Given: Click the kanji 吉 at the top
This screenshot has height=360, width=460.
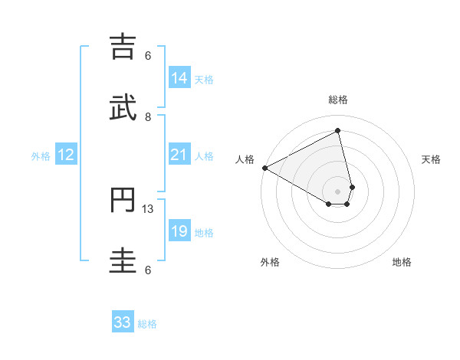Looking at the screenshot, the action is point(125,47).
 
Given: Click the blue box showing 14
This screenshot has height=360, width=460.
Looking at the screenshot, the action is point(179,78).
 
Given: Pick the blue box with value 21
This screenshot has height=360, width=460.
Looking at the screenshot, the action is point(179,155).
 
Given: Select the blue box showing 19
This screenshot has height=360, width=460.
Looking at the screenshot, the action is point(179,232).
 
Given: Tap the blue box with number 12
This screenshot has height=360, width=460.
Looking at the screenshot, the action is point(66,155).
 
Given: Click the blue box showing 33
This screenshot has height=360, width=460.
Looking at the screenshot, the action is point(123,322).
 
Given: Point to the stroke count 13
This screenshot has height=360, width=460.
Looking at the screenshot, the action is point(149,208).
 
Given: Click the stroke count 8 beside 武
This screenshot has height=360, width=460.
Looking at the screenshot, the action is point(148,116).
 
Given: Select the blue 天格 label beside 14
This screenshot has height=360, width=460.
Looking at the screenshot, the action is point(204,80).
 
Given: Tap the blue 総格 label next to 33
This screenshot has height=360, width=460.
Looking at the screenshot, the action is point(147,324).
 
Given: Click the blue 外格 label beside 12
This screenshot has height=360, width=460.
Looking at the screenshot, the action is point(41,156).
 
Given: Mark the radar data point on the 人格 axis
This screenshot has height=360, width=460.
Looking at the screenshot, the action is point(264,168).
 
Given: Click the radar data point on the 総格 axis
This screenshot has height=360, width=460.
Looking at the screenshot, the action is point(338,130).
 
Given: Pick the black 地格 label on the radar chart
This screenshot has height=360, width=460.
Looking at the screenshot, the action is point(402,262).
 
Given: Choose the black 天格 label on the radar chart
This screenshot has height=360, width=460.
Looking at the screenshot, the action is point(432,159).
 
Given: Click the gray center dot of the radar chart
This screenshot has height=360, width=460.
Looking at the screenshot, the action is point(338,191).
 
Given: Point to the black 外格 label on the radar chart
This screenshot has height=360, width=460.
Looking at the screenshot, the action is point(270,262).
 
